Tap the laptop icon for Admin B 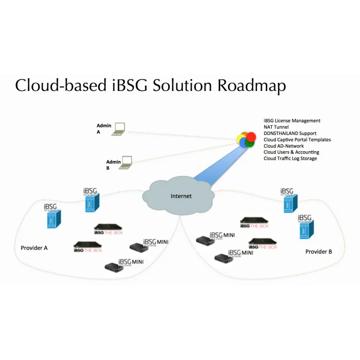(126, 162)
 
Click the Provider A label (34, 248)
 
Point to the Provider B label (319, 252)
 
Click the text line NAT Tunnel (277, 127)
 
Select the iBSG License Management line (292, 121)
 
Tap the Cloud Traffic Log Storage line (290, 158)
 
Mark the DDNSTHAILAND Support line (290, 134)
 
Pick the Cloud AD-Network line (283, 146)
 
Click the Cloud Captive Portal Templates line (297, 140)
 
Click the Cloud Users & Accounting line (291, 152)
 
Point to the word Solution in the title (180, 85)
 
